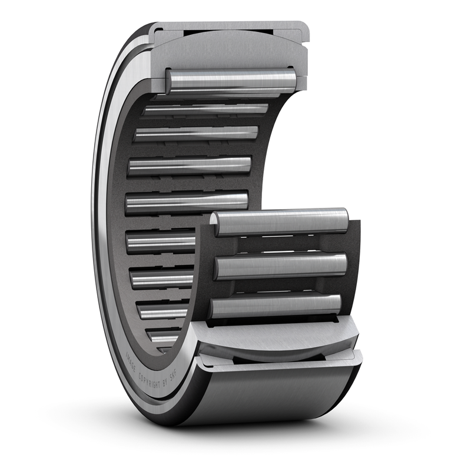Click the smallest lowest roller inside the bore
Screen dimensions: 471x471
pyautogui.click(x=162, y=336)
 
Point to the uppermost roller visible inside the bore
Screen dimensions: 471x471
pyautogui.click(x=206, y=109)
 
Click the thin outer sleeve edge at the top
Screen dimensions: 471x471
pyautogui.click(x=230, y=26)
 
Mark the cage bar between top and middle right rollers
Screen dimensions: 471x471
pyautogui.click(x=283, y=244)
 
